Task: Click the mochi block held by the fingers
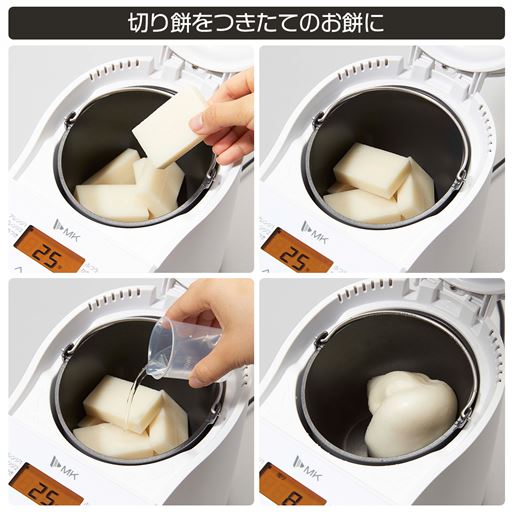point(168,125)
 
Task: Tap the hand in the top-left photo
point(228,116)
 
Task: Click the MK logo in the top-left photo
point(64,226)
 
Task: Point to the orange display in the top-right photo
point(294,249)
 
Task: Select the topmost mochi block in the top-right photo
point(372,169)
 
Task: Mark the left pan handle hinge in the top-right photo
point(318,120)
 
